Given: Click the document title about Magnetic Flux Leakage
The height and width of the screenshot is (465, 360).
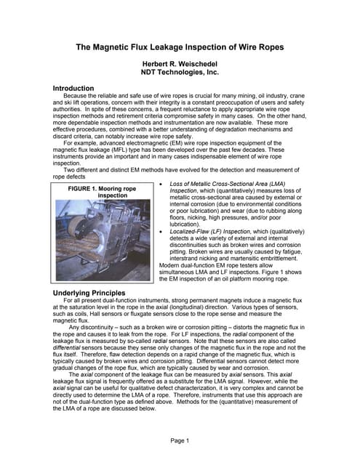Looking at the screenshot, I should pyautogui.click(x=180, y=47).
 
